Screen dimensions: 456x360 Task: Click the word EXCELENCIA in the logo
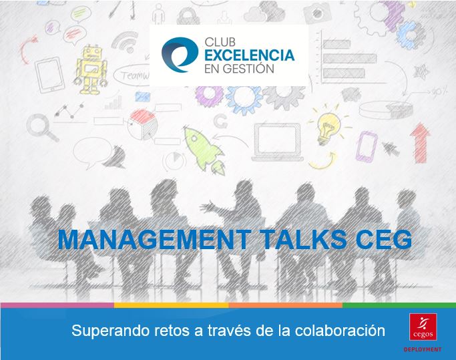click(x=250, y=55)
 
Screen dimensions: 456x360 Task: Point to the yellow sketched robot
click(x=91, y=69)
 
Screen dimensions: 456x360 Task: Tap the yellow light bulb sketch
click(x=328, y=126)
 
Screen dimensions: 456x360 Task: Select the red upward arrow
click(x=420, y=143)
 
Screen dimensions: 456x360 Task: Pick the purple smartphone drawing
click(x=367, y=147)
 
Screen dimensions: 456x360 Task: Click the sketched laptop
click(x=277, y=142)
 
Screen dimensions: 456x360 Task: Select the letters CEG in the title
click(x=384, y=240)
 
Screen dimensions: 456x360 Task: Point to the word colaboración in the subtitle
click(x=340, y=331)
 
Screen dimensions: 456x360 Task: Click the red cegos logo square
click(x=423, y=327)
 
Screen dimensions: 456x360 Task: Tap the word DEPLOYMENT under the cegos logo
click(x=423, y=349)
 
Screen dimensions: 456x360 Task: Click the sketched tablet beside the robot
click(x=49, y=75)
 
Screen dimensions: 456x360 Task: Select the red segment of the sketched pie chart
click(x=142, y=116)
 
